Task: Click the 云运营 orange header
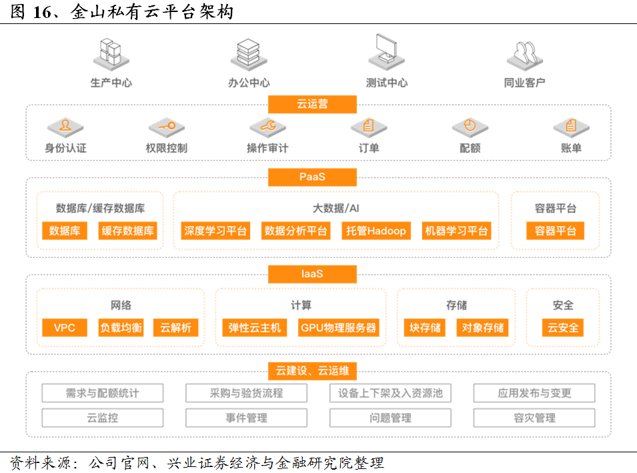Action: [312, 104]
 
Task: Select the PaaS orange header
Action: [312, 177]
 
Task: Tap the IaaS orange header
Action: [312, 274]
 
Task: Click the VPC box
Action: [65, 328]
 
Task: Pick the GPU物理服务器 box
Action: [338, 328]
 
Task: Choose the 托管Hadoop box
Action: [376, 231]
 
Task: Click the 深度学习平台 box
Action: [215, 231]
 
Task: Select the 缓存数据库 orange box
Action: [127, 231]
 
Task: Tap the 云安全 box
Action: [563, 328]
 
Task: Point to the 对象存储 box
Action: [483, 328]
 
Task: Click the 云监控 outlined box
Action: [102, 418]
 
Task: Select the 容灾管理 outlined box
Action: [534, 418]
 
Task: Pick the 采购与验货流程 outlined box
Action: [246, 393]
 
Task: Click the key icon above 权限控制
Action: [167, 127]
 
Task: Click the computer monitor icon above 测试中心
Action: [386, 53]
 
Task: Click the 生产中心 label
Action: [111, 83]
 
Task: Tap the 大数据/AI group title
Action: [336, 208]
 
